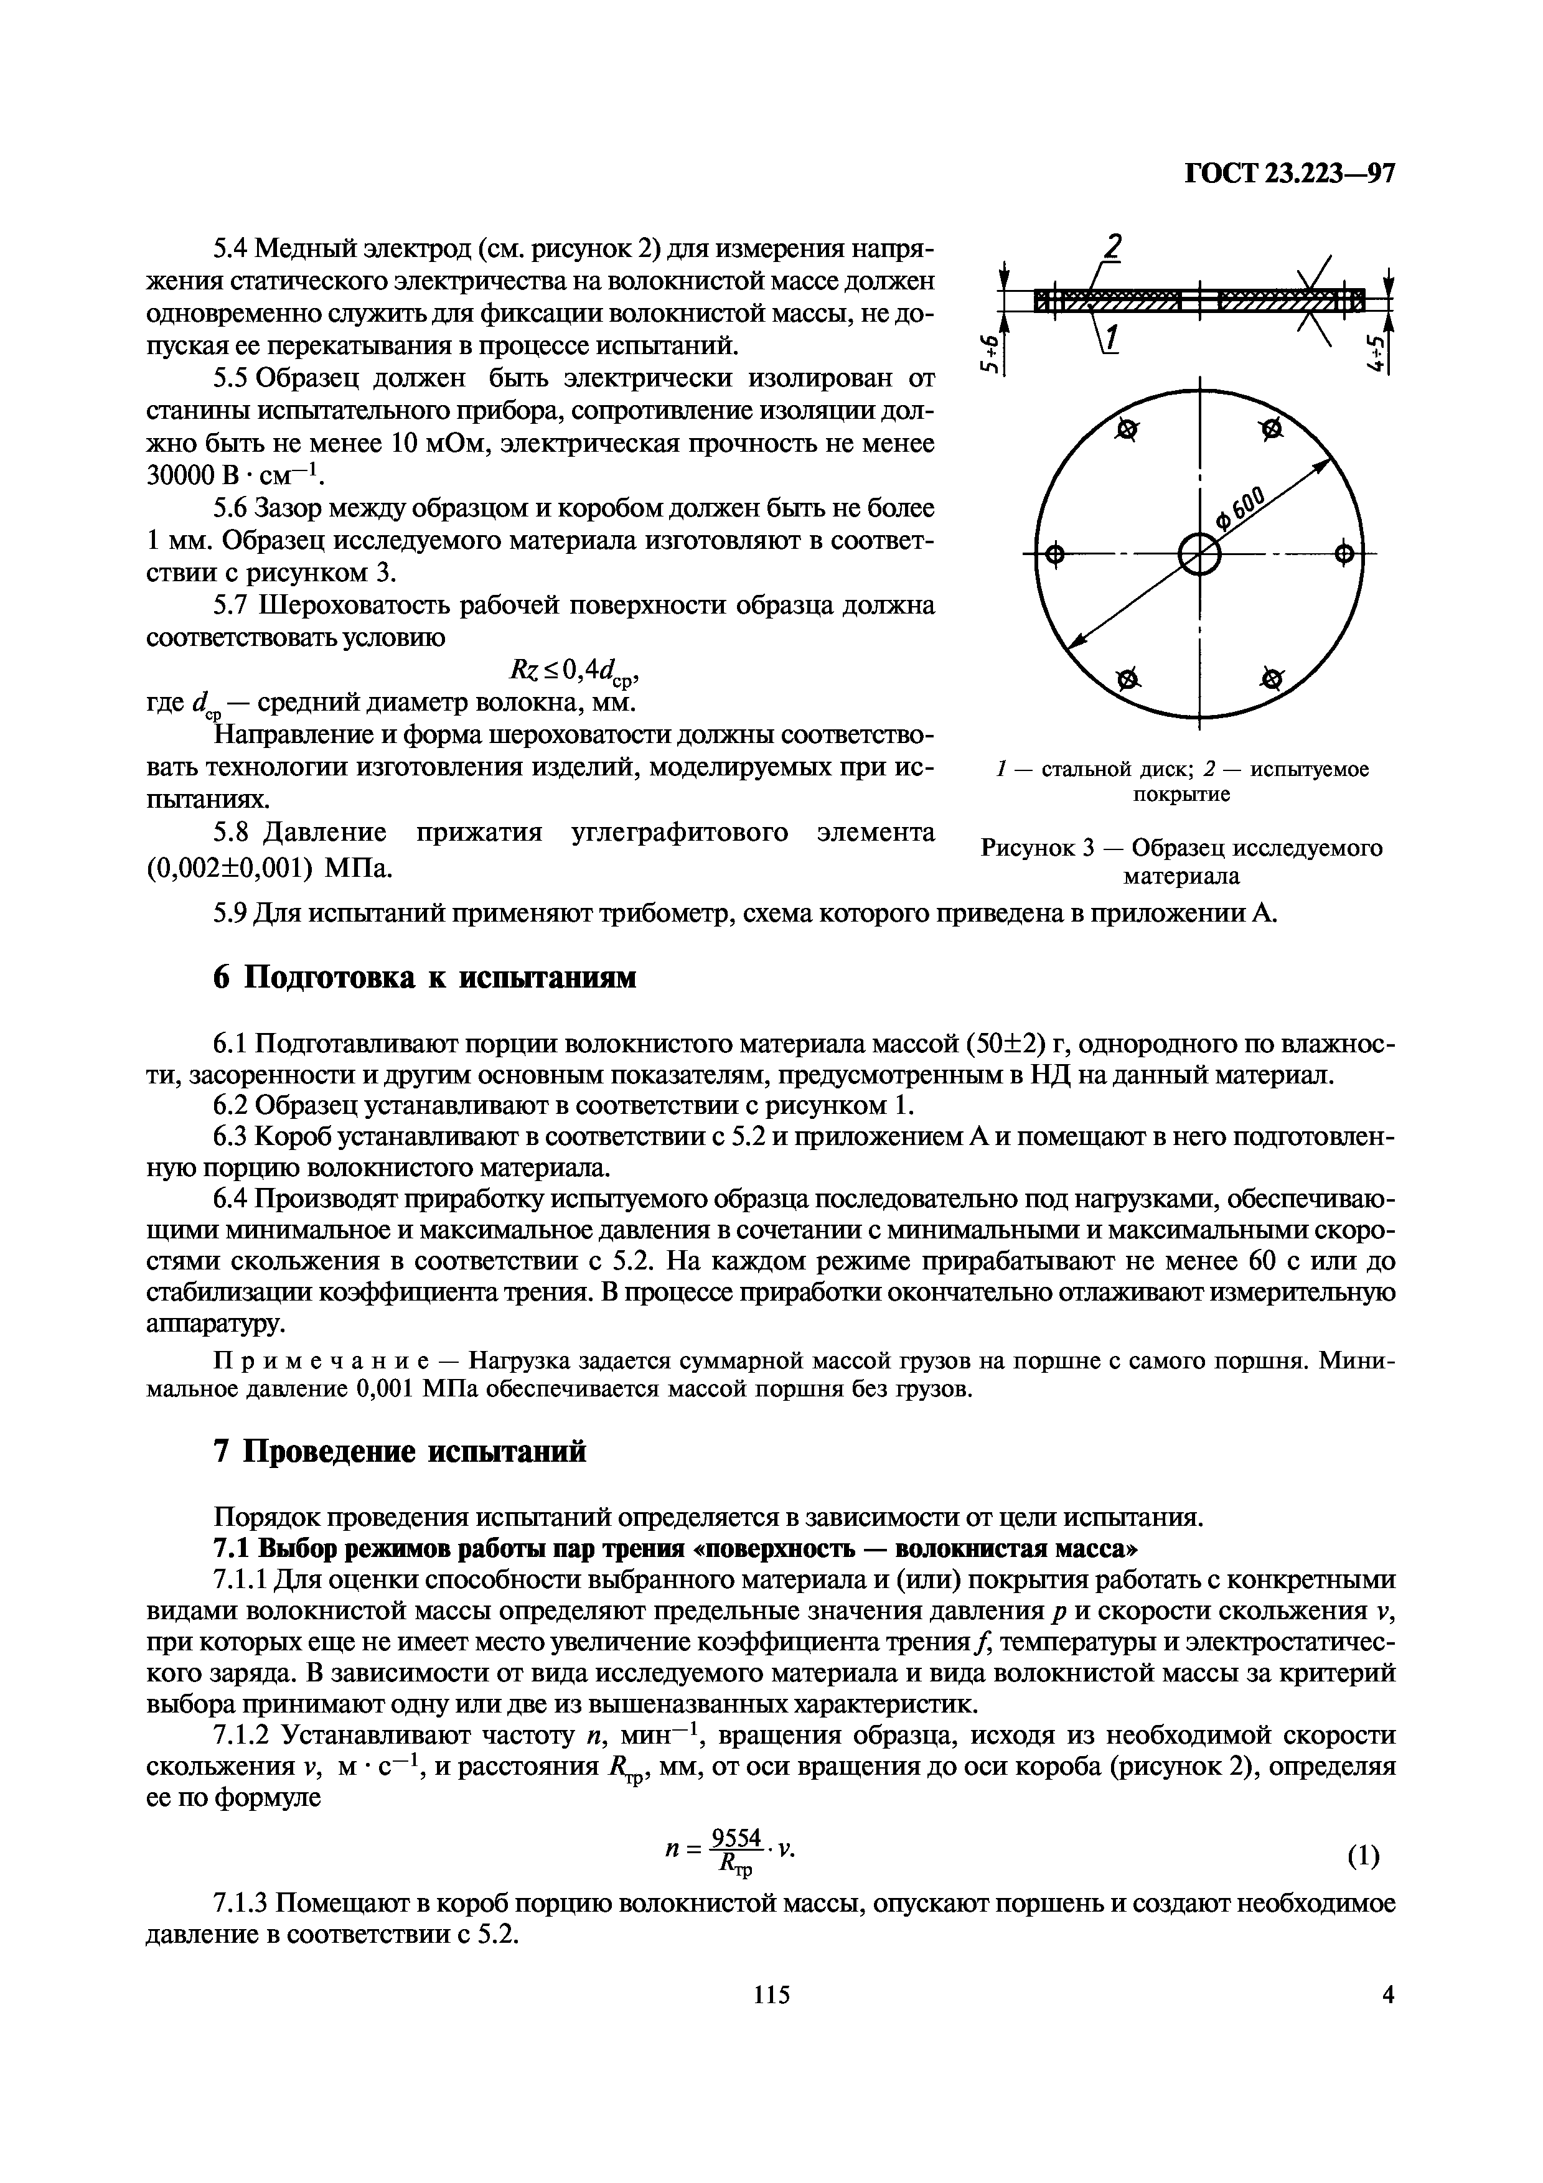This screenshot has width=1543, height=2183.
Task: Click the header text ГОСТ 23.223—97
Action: click(x=1288, y=174)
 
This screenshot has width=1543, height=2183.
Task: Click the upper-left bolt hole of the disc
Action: click(x=1127, y=431)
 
